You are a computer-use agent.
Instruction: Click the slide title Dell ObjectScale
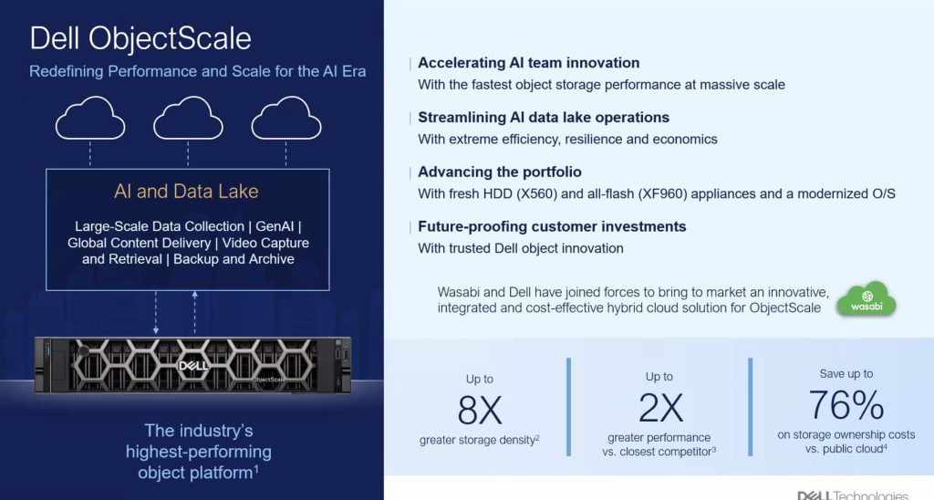[x=140, y=38]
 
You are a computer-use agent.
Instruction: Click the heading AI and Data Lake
[x=186, y=192]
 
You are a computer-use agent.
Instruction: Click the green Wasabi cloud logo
[x=867, y=298]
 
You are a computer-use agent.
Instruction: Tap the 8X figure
[x=480, y=410]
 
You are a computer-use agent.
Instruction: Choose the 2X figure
[x=660, y=408]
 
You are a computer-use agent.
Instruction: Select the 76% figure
[x=846, y=405]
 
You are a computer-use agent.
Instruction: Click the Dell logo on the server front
[x=194, y=365]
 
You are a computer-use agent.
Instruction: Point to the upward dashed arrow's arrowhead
[x=195, y=295]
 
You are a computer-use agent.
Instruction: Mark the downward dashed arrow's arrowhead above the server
[x=155, y=330]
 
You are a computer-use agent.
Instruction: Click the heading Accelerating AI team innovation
[x=529, y=63]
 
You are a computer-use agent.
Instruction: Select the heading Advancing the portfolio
[x=500, y=172]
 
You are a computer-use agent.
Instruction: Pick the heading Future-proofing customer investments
[x=552, y=226]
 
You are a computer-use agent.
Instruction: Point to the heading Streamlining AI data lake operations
[x=544, y=118]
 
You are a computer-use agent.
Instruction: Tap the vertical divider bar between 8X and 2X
[x=569, y=407]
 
